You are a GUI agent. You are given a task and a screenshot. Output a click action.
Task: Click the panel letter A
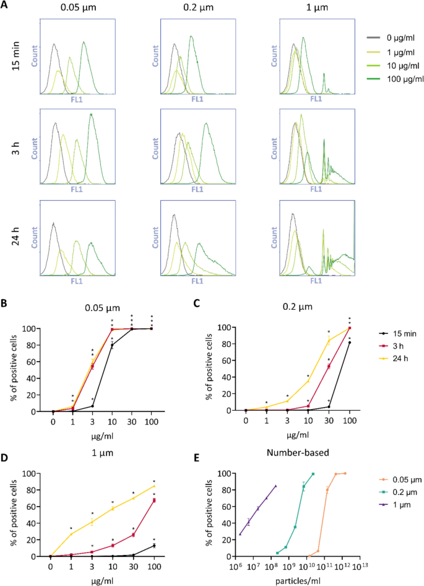(x=6, y=7)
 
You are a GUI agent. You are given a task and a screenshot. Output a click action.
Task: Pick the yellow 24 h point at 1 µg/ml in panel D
(x=71, y=534)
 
